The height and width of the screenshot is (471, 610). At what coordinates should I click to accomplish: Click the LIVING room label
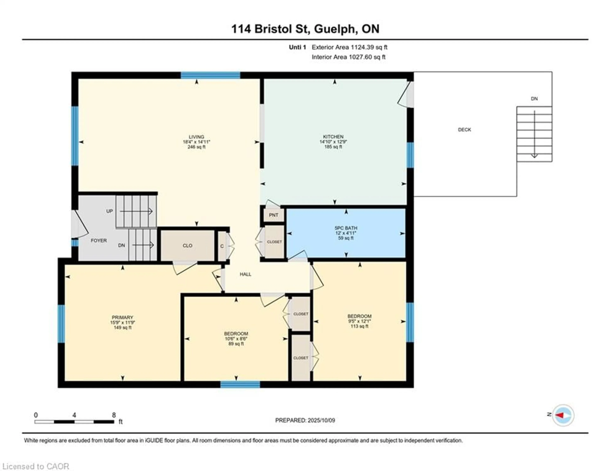(196, 137)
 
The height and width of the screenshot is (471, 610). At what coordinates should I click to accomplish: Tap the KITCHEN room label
(333, 137)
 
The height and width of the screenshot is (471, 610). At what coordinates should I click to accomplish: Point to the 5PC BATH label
(346, 228)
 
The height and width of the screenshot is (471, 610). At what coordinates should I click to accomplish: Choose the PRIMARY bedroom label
(122, 317)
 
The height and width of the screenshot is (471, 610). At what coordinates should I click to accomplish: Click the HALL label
(245, 274)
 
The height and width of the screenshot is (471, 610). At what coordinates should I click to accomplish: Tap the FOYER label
(99, 241)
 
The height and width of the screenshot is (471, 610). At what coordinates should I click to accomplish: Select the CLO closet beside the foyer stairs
(187, 246)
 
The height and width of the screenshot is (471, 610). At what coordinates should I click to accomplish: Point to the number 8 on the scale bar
(114, 415)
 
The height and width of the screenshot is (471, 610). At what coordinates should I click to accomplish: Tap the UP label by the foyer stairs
(109, 211)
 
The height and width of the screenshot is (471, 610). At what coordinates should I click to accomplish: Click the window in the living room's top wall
(210, 75)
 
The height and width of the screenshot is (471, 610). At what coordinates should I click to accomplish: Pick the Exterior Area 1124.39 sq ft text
(349, 47)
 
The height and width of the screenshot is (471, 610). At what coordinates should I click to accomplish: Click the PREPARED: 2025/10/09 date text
(305, 420)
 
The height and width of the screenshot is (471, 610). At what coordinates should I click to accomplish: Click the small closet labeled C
(222, 246)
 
